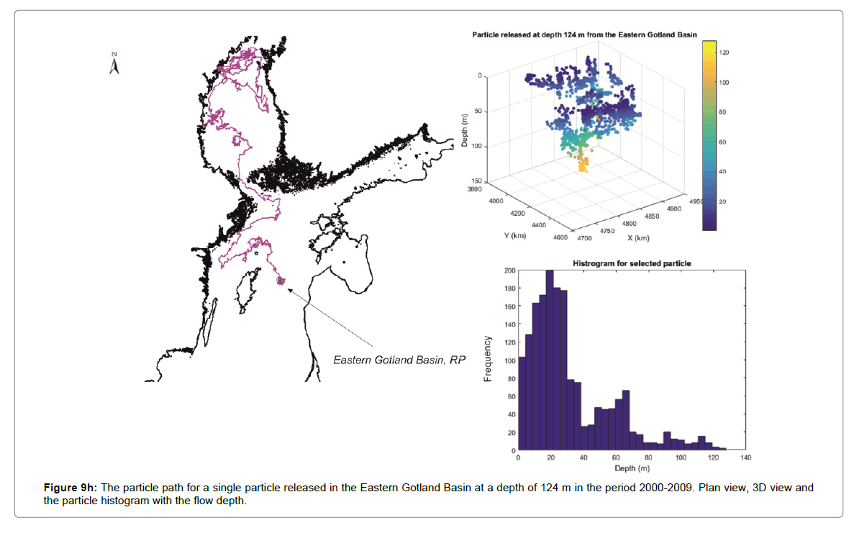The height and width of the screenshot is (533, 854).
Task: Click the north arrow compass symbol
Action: tap(114, 64)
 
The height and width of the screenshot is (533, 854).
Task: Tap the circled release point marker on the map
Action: tap(280, 281)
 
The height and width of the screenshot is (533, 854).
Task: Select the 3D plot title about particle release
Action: tap(584, 35)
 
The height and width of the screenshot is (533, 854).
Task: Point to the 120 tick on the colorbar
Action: tap(724, 53)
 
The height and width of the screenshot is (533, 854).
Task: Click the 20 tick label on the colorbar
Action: tap(723, 201)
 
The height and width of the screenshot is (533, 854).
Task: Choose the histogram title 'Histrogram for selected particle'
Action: tap(632, 264)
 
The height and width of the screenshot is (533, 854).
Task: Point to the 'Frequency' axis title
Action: tap(488, 358)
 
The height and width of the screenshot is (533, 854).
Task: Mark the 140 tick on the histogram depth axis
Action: tap(745, 457)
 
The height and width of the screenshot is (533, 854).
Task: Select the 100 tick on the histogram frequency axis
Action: tap(510, 360)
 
